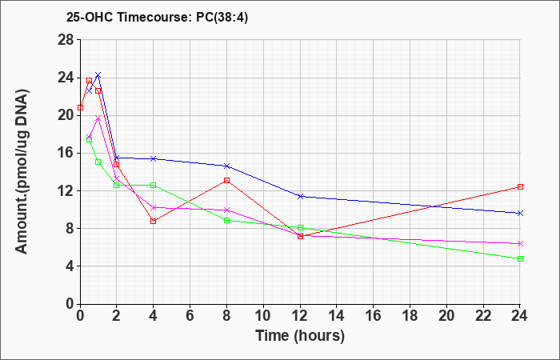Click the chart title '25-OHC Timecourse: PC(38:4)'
pos(157,17)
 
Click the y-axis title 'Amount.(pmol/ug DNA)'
pos(22,171)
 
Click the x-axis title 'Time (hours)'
pos(300,336)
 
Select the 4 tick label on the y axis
pos(70,266)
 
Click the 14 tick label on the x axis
pos(337,315)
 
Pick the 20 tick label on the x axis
pos(446,315)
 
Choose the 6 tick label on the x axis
pos(190,315)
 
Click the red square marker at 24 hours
pos(520,186)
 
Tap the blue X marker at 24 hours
pos(520,214)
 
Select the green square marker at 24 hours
pos(520,258)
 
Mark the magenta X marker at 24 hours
pos(520,243)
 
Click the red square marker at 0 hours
pos(80,107)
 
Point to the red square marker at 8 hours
pos(226,180)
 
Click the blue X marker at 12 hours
pos(300,196)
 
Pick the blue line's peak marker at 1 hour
pos(98,74)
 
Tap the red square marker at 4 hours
pos(154,221)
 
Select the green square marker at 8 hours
pos(226,220)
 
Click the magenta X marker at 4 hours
pos(154,207)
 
